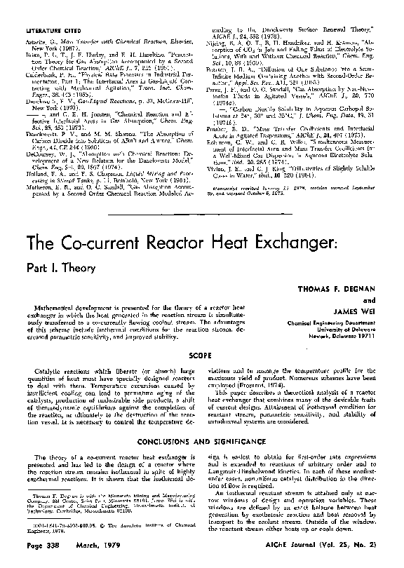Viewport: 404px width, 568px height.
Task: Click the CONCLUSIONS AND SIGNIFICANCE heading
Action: [x=203, y=442]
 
